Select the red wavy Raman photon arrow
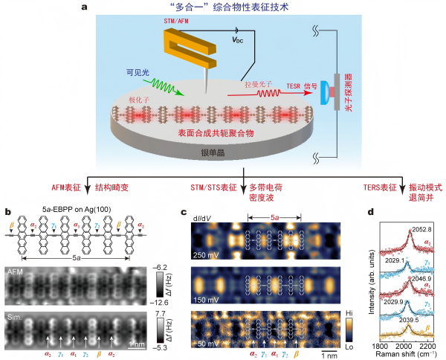(259, 94)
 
